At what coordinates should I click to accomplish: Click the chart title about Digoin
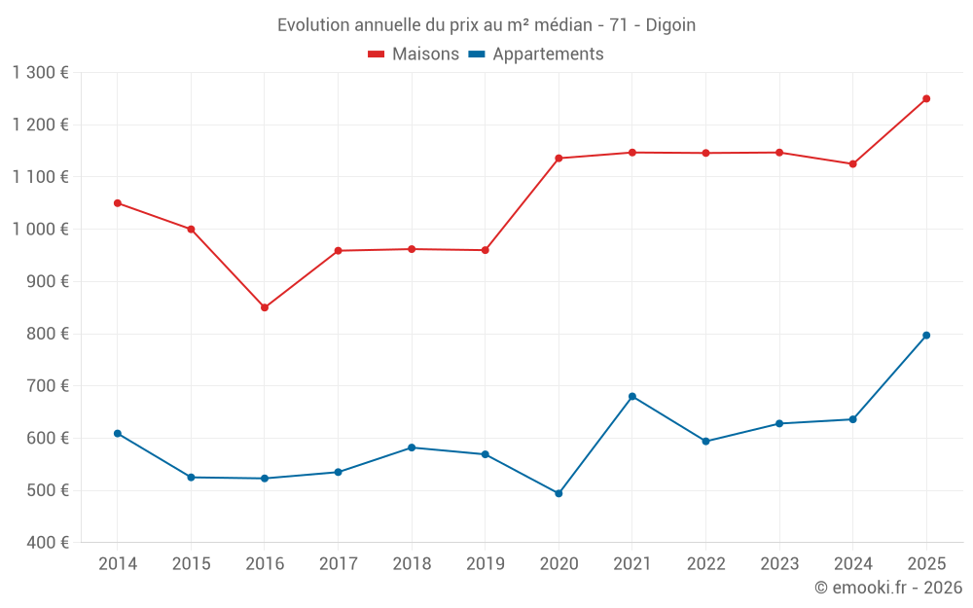pos(486,25)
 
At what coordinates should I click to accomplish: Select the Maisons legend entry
pos(414,54)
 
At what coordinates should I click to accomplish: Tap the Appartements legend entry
pos(536,54)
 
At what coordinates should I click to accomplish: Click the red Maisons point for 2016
pos(265,307)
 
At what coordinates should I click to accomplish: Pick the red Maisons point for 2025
pos(926,98)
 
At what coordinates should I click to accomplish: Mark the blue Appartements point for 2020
pos(559,493)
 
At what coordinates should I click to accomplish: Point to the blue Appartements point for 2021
pos(632,396)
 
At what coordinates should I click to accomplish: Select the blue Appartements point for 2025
pos(926,336)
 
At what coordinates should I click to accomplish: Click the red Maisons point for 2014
pos(118,203)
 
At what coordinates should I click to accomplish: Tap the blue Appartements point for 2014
pos(118,433)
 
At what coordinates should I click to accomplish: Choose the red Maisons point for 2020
pos(559,159)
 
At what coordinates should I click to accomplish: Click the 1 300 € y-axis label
pos(41,73)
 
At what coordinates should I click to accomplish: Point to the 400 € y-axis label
pos(47,543)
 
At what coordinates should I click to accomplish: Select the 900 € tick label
pos(47,282)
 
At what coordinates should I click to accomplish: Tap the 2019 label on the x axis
pos(485,564)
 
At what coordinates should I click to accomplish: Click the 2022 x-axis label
pos(705,564)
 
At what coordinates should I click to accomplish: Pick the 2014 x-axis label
pos(118,564)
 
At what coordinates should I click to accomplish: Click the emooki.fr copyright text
pos(887,588)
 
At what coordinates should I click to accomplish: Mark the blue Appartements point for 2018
pos(412,447)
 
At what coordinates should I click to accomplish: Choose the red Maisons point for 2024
pos(852,163)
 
